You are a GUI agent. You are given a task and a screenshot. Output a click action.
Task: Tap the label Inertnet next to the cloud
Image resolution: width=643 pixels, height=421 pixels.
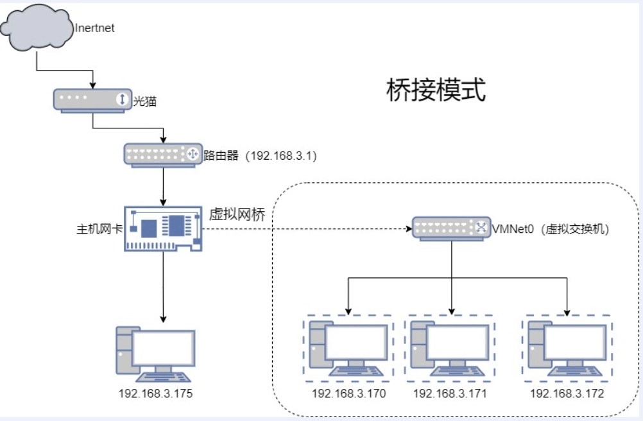click(95, 28)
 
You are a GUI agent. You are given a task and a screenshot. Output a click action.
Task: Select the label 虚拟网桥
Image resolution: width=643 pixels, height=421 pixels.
click(237, 214)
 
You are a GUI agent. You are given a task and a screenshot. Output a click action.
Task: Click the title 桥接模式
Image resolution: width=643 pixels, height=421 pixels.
click(436, 90)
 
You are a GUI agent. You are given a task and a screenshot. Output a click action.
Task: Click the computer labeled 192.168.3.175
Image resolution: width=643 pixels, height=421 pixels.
click(155, 354)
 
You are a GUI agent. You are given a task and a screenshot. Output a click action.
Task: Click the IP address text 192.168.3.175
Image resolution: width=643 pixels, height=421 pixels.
click(155, 393)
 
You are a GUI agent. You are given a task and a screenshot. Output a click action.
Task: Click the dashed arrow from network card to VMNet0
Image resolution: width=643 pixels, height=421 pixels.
click(308, 228)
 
